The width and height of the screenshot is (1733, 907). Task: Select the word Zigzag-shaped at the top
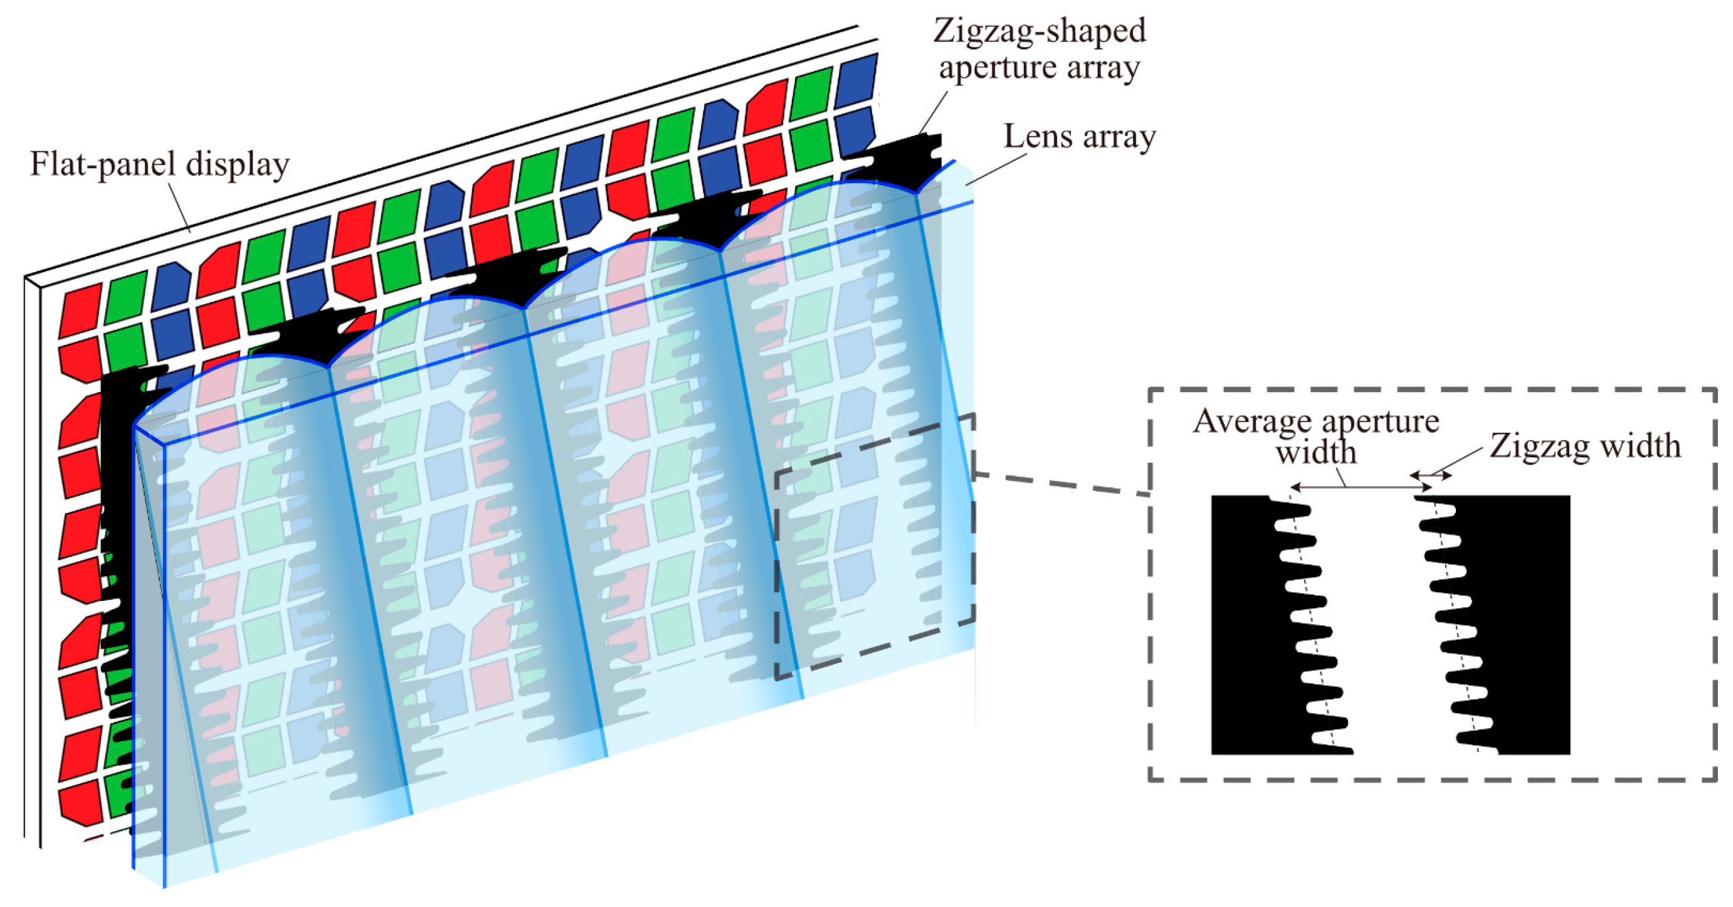[x=1040, y=31]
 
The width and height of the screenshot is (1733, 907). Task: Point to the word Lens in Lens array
[x=1038, y=137]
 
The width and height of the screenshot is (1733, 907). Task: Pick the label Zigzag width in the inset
[x=1585, y=445]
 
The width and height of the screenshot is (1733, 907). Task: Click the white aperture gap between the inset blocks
[x=1386, y=626]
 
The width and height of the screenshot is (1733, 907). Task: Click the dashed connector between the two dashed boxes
[x=1063, y=484]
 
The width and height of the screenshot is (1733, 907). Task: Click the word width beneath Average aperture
[x=1316, y=452]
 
